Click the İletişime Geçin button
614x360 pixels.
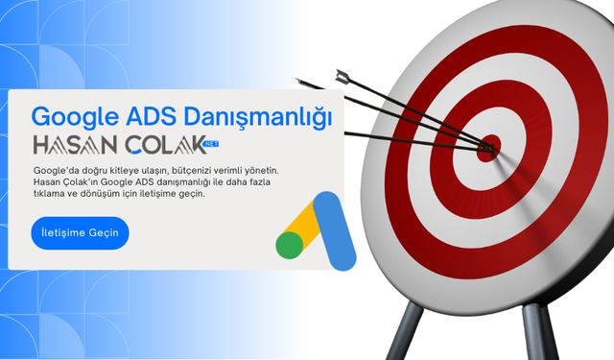80,233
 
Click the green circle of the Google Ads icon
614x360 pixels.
289,246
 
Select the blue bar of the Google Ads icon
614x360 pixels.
334,230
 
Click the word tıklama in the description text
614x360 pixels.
52,193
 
